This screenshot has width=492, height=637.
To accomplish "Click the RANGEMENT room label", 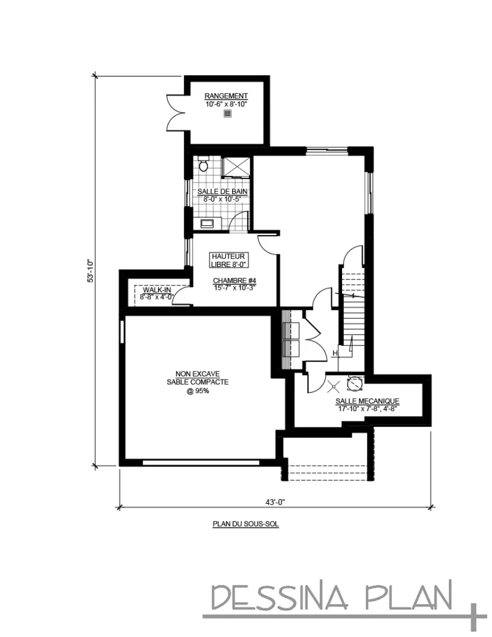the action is pyautogui.click(x=226, y=96).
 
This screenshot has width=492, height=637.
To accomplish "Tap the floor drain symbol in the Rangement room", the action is pyautogui.click(x=227, y=114).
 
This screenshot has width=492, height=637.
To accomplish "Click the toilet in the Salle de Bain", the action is pyautogui.click(x=203, y=164).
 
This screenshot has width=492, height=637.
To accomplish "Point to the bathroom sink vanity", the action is pyautogui.click(x=207, y=223).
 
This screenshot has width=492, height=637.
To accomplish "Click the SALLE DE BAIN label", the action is pyautogui.click(x=222, y=192).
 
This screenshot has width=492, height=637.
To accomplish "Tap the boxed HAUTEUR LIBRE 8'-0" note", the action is pyautogui.click(x=228, y=260).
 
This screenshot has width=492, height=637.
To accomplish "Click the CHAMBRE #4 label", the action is pyautogui.click(x=234, y=281).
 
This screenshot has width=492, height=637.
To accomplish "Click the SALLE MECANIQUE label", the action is pyautogui.click(x=367, y=401).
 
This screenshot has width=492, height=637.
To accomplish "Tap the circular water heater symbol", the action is pyautogui.click(x=355, y=383).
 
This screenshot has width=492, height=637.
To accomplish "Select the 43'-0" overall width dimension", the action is pyautogui.click(x=276, y=502).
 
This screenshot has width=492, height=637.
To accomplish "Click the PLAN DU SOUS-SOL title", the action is pyautogui.click(x=246, y=524).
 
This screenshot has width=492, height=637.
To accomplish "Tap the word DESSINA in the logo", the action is pyautogui.click(x=281, y=597).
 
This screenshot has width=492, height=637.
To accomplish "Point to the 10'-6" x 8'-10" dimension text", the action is pyautogui.click(x=226, y=104).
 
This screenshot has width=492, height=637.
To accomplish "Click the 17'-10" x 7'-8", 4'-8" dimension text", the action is pyautogui.click(x=367, y=409).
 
